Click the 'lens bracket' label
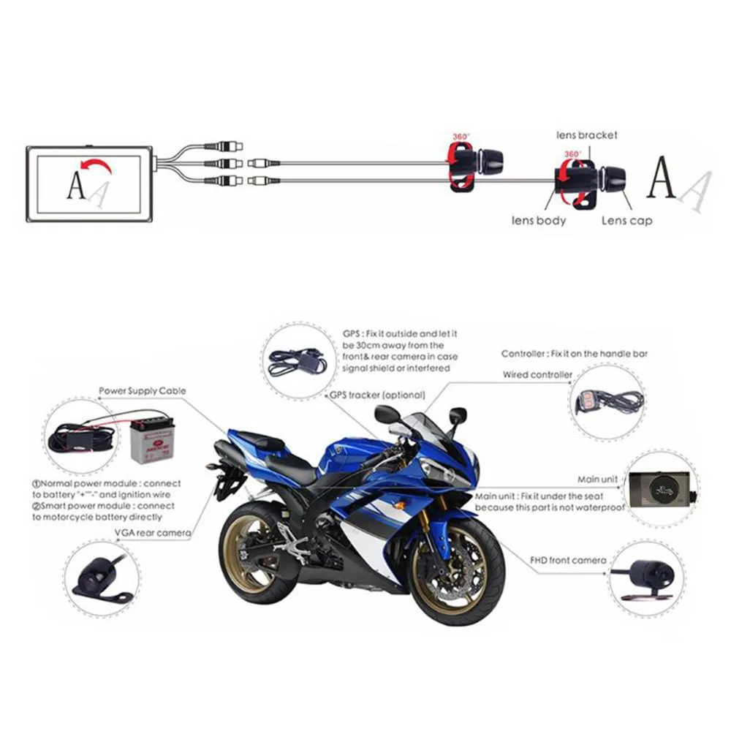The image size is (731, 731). (x=586, y=135)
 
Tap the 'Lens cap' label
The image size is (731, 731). (x=626, y=220)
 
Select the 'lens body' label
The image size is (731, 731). (x=539, y=220)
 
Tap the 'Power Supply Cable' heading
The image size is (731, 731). (x=142, y=391)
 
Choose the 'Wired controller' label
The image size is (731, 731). (x=537, y=375)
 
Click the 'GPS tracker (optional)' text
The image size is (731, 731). (x=376, y=395)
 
